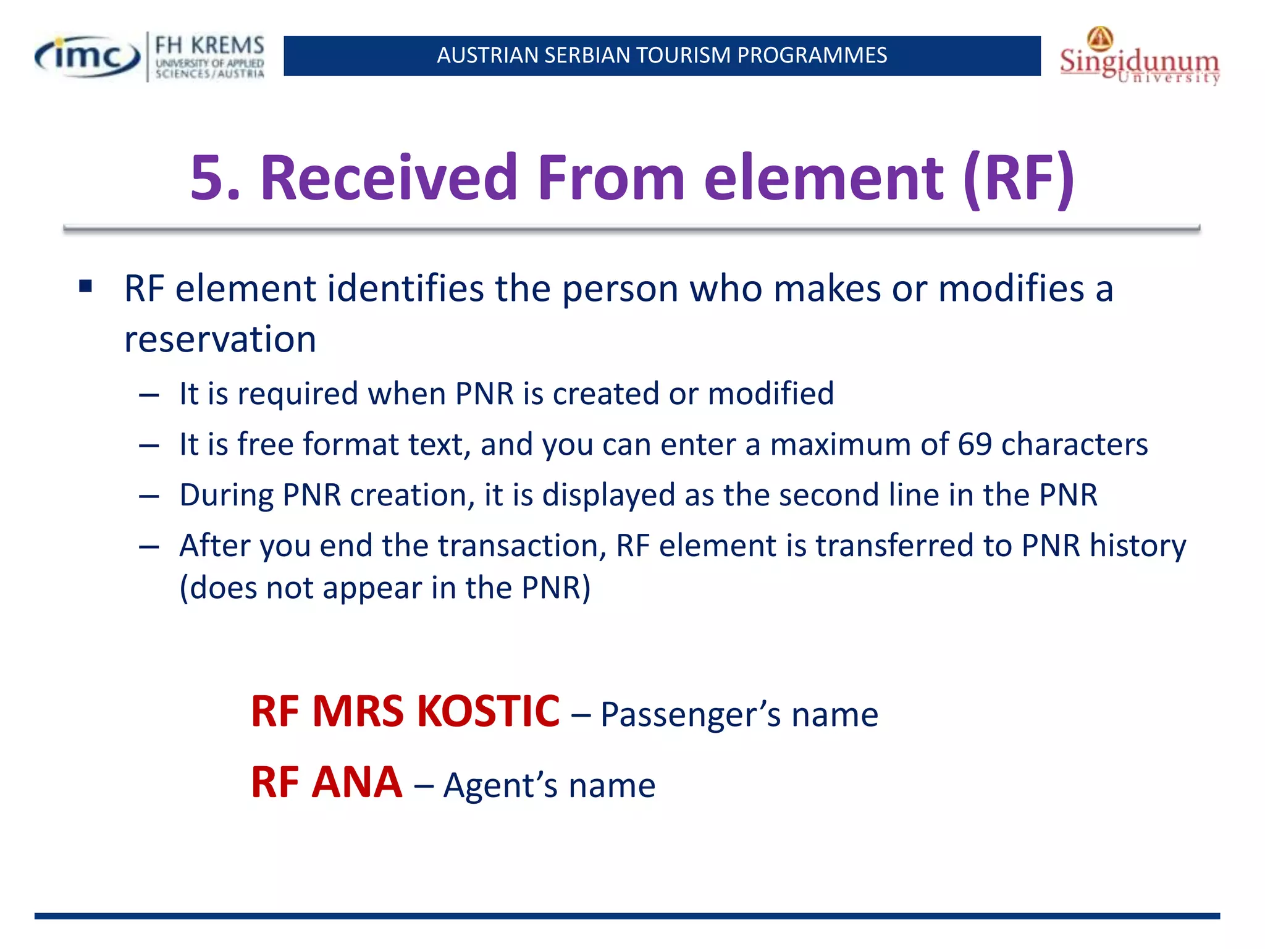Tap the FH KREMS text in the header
(x=209, y=46)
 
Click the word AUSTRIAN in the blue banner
(x=487, y=56)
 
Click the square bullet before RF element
(x=86, y=286)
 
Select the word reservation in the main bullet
(x=220, y=339)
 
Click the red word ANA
(x=357, y=782)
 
